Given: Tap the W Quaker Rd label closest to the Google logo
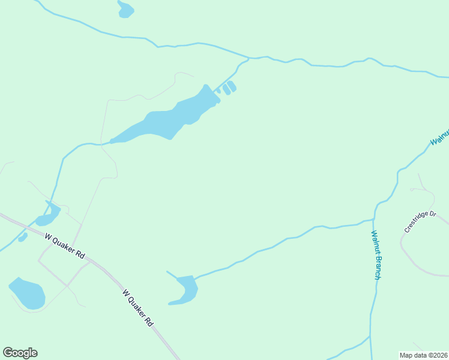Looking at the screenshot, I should coord(139,308).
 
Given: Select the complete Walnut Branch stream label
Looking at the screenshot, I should coord(376,255).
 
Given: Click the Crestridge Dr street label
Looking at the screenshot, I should coord(420,221).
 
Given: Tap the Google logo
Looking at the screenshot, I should coord(20,353).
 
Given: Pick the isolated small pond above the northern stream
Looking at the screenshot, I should coord(125,10).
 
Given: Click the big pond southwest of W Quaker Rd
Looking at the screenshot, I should coord(28,293).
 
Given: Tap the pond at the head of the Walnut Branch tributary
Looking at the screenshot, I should coord(185,290).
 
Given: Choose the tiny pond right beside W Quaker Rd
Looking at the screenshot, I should coord(23,237).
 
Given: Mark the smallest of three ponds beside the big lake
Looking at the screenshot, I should coord(218,91).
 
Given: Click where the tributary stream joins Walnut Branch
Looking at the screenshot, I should coord(375,219).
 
